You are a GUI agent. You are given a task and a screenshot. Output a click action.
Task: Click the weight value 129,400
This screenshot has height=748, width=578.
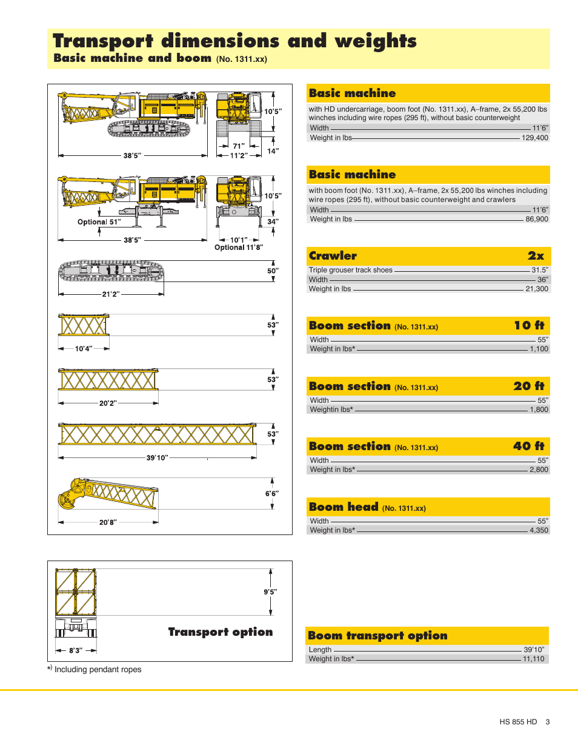[x=534, y=138]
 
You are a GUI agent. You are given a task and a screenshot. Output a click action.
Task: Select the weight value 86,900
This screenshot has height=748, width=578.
[x=537, y=219]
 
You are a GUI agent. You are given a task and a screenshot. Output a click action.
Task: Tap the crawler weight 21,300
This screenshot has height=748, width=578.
[x=537, y=289]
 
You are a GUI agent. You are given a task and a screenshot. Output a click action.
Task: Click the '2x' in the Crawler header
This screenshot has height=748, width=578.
[x=536, y=256]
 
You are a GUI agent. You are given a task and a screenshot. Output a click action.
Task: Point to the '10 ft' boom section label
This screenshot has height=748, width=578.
[x=529, y=326]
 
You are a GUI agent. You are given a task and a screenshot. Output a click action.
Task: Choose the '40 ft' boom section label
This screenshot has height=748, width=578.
[x=528, y=446]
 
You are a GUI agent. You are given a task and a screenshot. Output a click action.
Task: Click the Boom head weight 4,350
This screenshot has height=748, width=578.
[x=539, y=530]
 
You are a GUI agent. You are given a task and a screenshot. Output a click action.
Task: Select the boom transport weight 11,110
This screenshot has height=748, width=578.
[x=534, y=659]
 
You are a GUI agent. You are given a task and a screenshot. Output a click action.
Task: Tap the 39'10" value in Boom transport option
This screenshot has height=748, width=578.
[x=534, y=650]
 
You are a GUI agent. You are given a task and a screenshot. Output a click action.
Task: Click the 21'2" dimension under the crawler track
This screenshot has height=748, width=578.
[x=110, y=294]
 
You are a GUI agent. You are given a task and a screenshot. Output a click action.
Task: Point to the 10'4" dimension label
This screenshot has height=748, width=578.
[x=84, y=349]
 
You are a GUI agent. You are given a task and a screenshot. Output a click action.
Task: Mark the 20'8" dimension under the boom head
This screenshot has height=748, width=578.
[x=108, y=522]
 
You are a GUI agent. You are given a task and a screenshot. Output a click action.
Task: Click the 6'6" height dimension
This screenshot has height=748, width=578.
[x=271, y=494]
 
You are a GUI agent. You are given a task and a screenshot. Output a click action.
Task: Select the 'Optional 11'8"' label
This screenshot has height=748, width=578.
[x=239, y=248]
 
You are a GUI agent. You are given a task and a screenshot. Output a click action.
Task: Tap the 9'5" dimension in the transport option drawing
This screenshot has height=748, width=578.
[x=270, y=592]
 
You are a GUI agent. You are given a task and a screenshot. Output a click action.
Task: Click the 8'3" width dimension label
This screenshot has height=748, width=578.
[x=76, y=650]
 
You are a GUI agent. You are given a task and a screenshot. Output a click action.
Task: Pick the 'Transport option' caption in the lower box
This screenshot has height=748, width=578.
[x=221, y=632]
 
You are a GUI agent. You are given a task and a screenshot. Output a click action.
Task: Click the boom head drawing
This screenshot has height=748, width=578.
[x=108, y=494]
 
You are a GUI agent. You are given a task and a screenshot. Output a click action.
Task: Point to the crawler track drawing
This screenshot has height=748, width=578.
[x=111, y=271]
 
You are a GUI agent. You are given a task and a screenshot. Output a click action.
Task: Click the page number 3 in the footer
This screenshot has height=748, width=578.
[x=548, y=722]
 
